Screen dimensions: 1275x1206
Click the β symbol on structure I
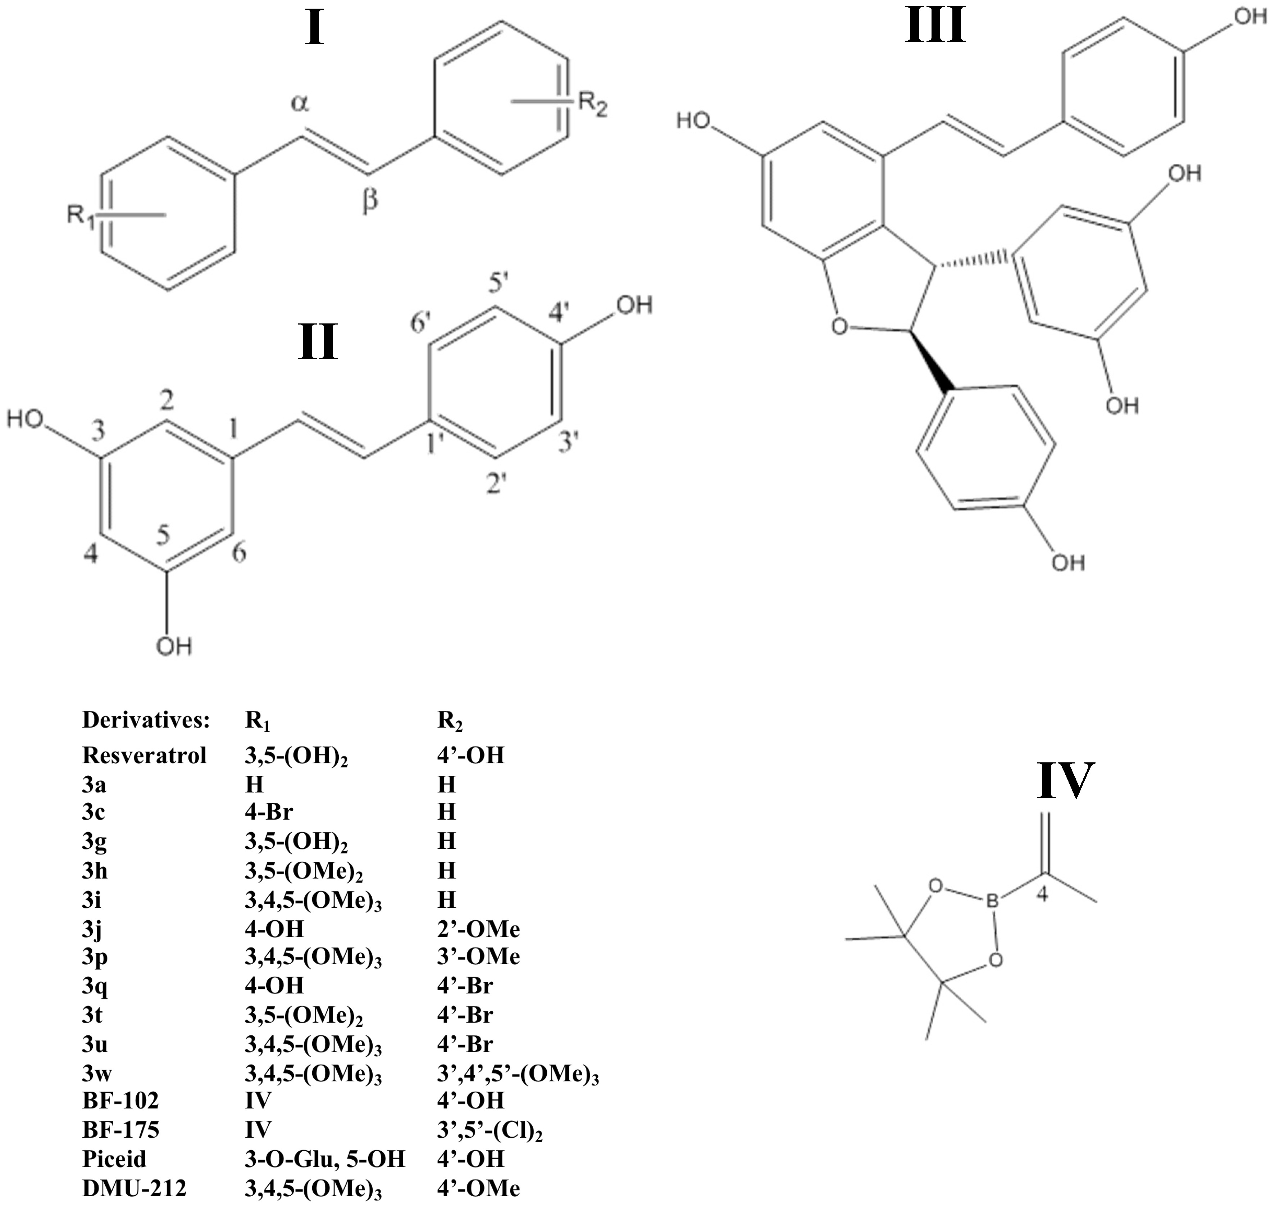coord(370,200)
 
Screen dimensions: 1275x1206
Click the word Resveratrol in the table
coord(145,755)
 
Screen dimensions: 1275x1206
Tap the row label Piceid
coord(114,1159)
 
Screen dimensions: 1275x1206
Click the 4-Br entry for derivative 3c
coord(269,812)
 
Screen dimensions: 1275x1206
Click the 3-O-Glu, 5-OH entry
coord(324,1159)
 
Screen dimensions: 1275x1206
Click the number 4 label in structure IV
coord(1042,894)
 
